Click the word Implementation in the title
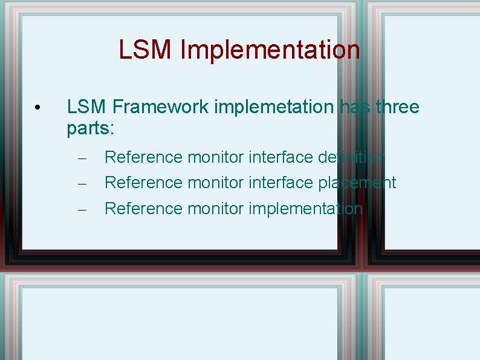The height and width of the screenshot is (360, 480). coord(270,50)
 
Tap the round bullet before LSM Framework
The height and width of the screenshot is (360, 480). coord(37,108)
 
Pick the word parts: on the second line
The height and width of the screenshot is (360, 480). coord(91,129)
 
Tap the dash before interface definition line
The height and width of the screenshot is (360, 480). coord(83,159)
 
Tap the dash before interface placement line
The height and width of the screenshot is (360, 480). coord(83,183)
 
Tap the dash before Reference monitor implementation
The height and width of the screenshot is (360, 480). coord(83,209)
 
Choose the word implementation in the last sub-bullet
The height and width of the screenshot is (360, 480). coord(305,209)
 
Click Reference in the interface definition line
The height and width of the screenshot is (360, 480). coord(144,157)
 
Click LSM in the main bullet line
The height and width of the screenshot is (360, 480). coord(86,107)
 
